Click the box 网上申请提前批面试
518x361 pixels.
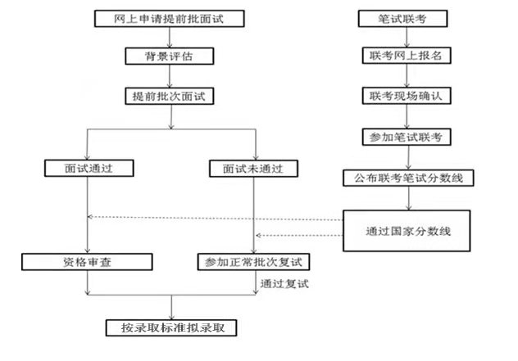(x=170, y=17)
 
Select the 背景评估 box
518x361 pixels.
(x=170, y=56)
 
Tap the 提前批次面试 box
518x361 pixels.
(x=170, y=96)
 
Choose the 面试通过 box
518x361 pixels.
(x=88, y=169)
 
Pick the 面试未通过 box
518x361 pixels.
(x=255, y=169)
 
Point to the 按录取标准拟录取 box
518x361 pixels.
(x=171, y=327)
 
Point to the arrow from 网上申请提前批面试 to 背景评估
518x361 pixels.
(x=170, y=37)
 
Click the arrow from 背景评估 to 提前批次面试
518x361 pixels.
(x=170, y=76)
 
